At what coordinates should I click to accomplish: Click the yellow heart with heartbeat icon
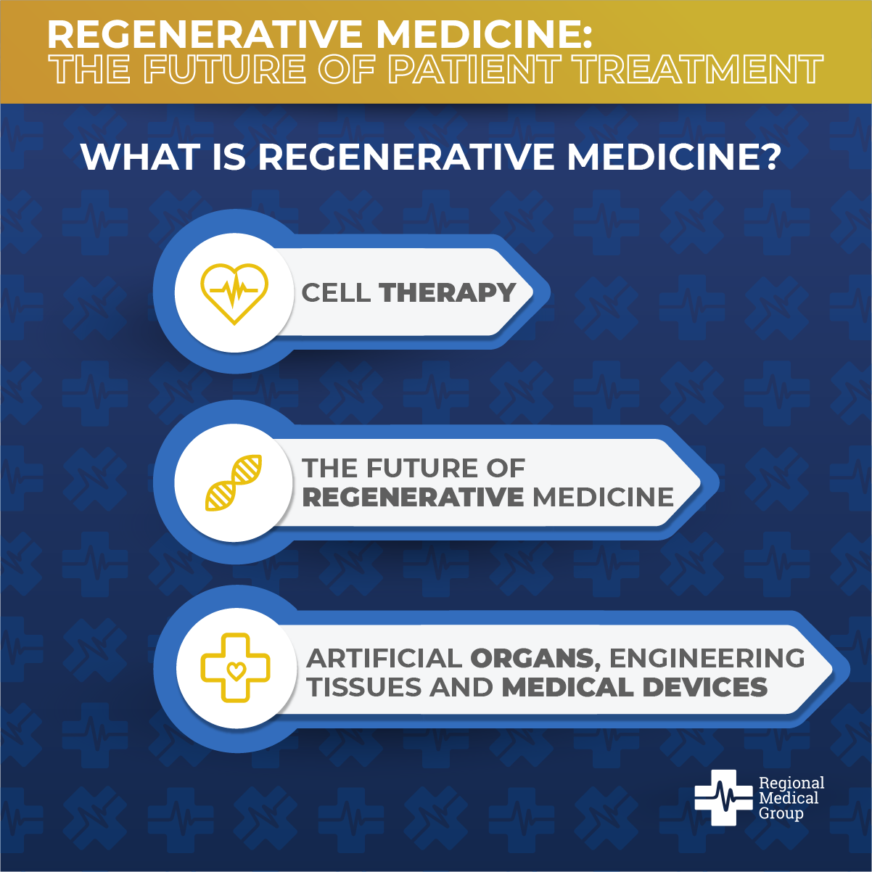click(x=234, y=293)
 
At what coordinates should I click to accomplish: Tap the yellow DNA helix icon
click(x=234, y=483)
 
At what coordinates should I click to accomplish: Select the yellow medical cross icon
click(x=235, y=667)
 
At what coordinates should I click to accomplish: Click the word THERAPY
click(x=448, y=292)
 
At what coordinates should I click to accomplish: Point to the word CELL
click(x=336, y=292)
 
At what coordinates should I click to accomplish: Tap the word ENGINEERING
click(x=707, y=658)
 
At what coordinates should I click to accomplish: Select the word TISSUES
click(x=364, y=688)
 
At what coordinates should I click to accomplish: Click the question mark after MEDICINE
click(x=770, y=157)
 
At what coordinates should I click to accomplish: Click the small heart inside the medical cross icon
click(x=236, y=670)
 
